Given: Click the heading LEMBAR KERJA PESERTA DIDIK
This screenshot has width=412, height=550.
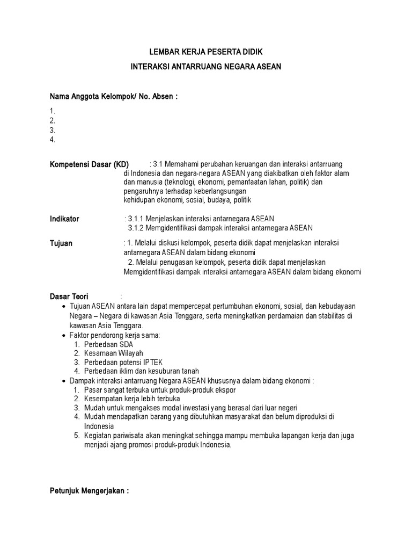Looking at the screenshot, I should [x=205, y=52].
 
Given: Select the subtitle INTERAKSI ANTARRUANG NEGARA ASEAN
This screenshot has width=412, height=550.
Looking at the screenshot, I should [x=205, y=67].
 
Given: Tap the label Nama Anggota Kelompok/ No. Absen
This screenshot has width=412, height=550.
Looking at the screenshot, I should [x=113, y=97].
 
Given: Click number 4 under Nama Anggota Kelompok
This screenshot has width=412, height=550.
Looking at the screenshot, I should [x=52, y=140].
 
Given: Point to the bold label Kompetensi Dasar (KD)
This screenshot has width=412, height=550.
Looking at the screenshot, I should [x=89, y=164].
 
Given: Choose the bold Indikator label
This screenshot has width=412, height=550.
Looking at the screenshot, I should [x=64, y=219].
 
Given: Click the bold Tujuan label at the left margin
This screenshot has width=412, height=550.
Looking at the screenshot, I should [x=61, y=243].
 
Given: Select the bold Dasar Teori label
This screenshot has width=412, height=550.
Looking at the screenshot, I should [x=69, y=296].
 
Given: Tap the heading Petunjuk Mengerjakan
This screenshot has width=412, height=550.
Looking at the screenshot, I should [x=89, y=491].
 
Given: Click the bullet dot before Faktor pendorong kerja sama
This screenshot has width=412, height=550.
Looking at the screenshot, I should [x=64, y=335].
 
